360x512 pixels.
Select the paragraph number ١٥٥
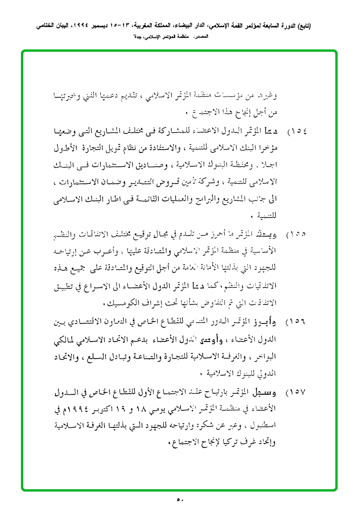297,235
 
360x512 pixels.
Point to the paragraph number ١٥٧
297,393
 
